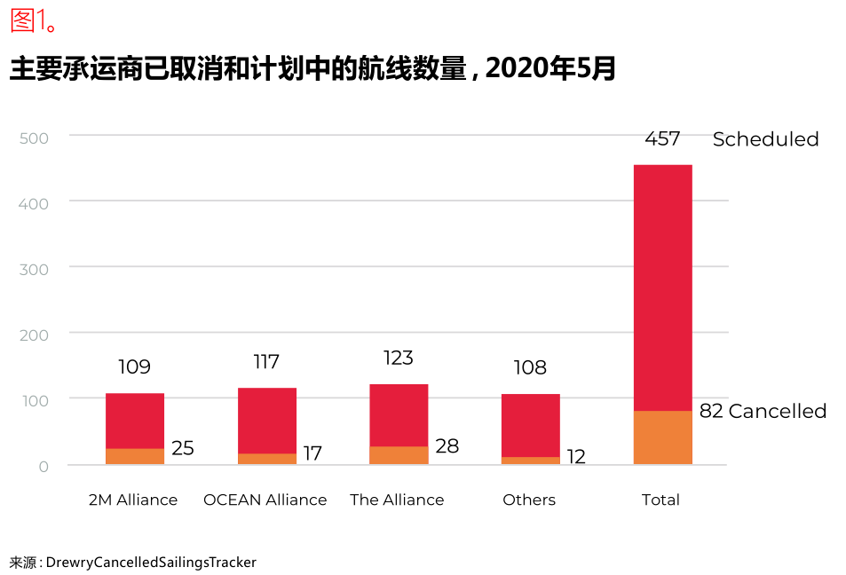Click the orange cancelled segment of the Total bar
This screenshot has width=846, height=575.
pyautogui.click(x=662, y=437)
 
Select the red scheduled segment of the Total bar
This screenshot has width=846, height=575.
pyautogui.click(x=662, y=287)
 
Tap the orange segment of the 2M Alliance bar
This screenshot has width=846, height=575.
pyautogui.click(x=135, y=456)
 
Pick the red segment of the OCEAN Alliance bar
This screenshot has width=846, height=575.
pyautogui.click(x=267, y=421)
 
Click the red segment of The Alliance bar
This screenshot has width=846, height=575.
pyautogui.click(x=399, y=415)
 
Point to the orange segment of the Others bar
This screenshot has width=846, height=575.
pyautogui.click(x=531, y=461)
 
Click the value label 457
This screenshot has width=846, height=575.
pyautogui.click(x=662, y=138)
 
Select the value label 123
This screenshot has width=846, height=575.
pyautogui.click(x=399, y=358)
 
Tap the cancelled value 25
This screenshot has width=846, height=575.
pyautogui.click(x=183, y=448)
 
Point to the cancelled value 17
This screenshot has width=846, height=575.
pyautogui.click(x=312, y=453)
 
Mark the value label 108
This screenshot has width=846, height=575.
pyautogui.click(x=530, y=367)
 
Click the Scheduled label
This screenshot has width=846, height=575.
pyautogui.click(x=765, y=139)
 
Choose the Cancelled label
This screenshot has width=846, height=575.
pyautogui.click(x=777, y=411)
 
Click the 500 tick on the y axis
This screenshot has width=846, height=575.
pyautogui.click(x=33, y=138)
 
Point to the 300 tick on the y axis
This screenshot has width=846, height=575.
pyautogui.click(x=33, y=268)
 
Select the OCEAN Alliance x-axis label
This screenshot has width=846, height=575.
pyautogui.click(x=265, y=500)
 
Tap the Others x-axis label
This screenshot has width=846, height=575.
pyautogui.click(x=529, y=500)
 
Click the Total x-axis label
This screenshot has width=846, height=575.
pyautogui.click(x=660, y=500)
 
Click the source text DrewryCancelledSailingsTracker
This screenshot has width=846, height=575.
pyautogui.click(x=151, y=563)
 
